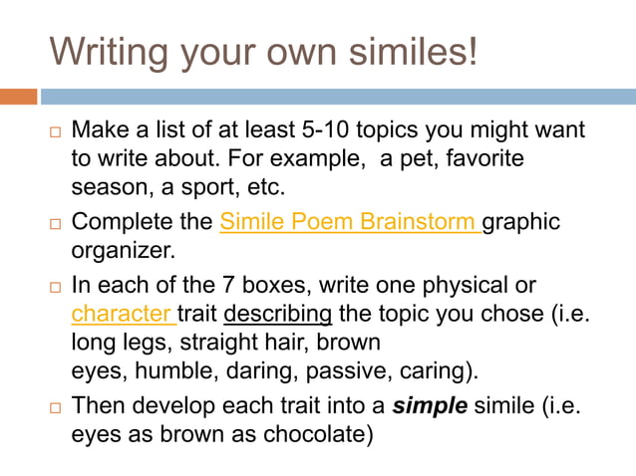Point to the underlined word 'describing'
point(278,315)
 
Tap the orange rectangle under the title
point(19,97)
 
